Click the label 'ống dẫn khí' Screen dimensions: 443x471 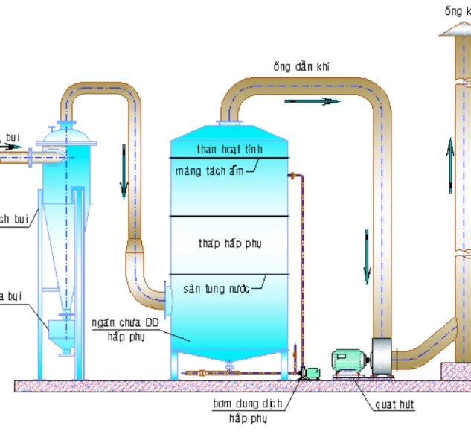click(302, 67)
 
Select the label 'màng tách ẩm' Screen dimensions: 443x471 click(209, 171)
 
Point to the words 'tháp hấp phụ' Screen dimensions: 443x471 click(230, 243)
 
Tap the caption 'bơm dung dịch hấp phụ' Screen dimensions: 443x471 click(247, 411)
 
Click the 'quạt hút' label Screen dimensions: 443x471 click(395, 405)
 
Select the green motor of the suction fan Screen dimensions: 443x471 click(348, 360)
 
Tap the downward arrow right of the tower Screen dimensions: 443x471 click(367, 257)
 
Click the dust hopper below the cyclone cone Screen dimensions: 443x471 click(60, 335)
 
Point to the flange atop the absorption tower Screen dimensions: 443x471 click(228, 123)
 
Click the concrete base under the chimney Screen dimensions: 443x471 click(455, 370)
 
